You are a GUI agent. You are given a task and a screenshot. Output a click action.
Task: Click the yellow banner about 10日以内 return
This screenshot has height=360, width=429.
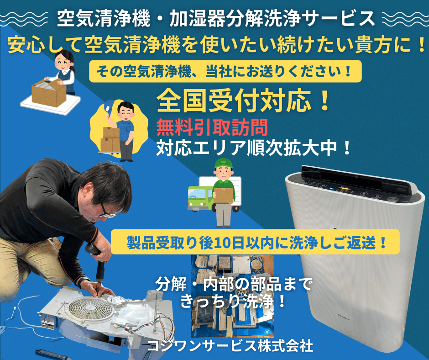[256, 242]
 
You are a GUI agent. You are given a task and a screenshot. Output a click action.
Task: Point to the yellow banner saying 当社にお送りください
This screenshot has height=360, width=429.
[226, 72]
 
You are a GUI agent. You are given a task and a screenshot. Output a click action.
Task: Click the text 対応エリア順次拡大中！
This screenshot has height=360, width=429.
[254, 148]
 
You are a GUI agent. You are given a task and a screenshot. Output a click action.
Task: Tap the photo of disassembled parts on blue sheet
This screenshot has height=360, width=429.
[232, 297]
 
